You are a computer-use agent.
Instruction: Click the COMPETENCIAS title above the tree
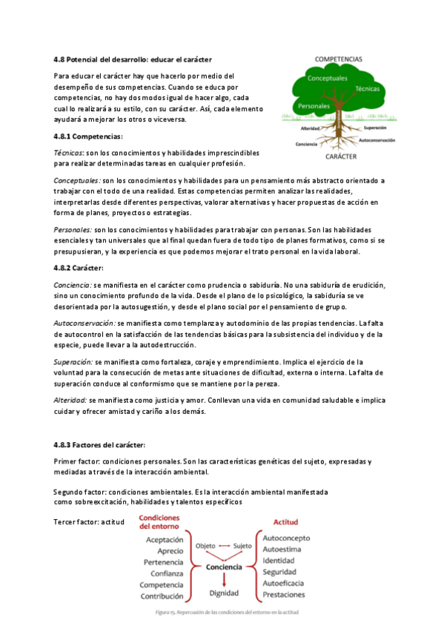click(x=338, y=57)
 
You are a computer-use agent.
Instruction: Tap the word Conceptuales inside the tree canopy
click(x=327, y=78)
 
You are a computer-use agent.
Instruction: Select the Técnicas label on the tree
click(x=368, y=88)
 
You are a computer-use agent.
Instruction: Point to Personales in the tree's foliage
click(x=313, y=106)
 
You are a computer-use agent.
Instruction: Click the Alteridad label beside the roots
click(x=310, y=128)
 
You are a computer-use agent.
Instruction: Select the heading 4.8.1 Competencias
click(x=87, y=136)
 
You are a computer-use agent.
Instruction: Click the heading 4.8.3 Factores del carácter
click(x=99, y=444)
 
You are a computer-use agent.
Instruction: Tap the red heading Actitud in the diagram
click(x=285, y=522)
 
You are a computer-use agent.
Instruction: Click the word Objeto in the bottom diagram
click(x=205, y=546)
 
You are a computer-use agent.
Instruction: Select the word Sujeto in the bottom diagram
click(x=242, y=546)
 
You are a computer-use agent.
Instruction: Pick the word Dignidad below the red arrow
click(x=224, y=593)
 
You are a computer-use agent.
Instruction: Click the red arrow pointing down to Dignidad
click(x=224, y=579)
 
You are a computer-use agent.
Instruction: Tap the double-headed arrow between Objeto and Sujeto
click(x=224, y=546)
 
